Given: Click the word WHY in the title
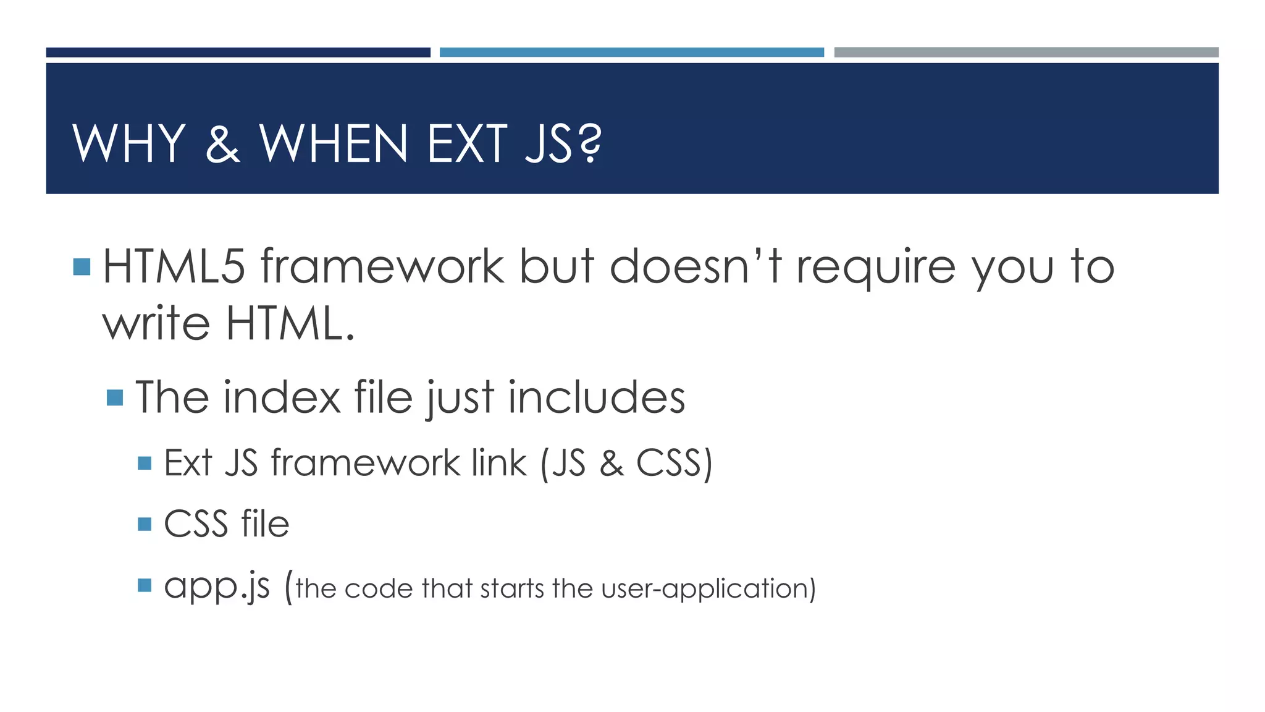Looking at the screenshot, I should click(x=129, y=143).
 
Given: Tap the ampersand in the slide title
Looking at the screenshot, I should click(x=222, y=145).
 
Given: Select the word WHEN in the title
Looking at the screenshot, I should click(x=334, y=143).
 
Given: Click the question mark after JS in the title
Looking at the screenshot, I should click(x=590, y=145).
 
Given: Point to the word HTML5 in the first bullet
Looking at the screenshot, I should click(x=174, y=266).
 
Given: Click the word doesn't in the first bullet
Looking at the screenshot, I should click(x=695, y=266).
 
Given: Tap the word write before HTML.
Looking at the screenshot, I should click(x=156, y=323).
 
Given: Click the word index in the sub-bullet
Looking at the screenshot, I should click(x=282, y=397).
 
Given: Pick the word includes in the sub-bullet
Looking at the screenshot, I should click(x=597, y=397).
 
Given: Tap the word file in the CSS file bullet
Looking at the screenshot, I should click(x=265, y=523).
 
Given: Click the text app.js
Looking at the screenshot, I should click(x=217, y=586).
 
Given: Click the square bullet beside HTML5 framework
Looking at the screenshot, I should click(x=82, y=267).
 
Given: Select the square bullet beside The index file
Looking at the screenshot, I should click(x=115, y=397).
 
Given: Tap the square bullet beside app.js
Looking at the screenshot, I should click(x=145, y=585).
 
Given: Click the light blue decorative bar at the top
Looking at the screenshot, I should click(x=631, y=53).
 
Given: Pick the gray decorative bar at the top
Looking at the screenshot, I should click(x=1026, y=53).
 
